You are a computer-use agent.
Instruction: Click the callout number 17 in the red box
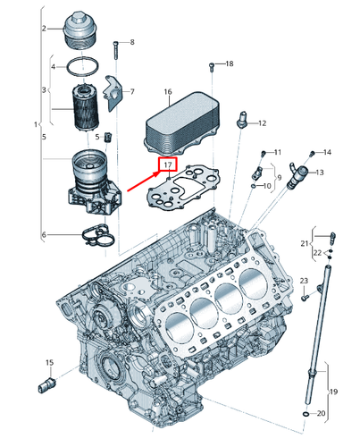[x=167, y=165]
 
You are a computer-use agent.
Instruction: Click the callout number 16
[x=167, y=92]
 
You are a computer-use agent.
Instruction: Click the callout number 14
[x=327, y=152]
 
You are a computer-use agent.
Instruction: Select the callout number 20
[x=322, y=414]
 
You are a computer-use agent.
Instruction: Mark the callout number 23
[x=304, y=282]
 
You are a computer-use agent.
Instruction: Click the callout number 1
[x=35, y=122]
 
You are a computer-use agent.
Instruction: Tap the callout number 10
[x=267, y=186]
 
